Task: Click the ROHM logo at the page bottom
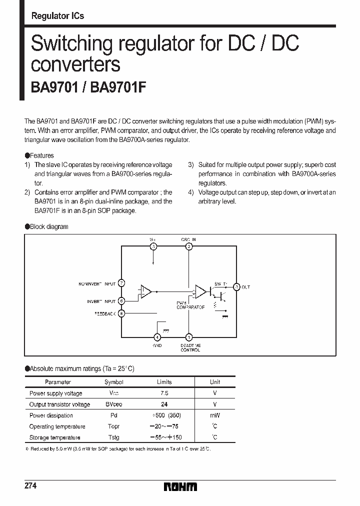coord(180,486)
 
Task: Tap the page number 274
coord(31,486)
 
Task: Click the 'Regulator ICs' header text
coord(57,16)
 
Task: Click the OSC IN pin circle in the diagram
coord(188,246)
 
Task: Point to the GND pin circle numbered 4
coord(157,337)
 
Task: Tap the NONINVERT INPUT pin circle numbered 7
coord(122,283)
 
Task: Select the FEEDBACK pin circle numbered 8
coord(122,313)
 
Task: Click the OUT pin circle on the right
coord(237,287)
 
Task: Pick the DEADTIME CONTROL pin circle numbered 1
coord(188,337)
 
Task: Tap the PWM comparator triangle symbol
coord(200,291)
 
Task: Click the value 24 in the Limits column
coord(164,404)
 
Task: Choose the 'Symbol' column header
coord(113,382)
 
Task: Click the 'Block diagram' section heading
coord(49,226)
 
